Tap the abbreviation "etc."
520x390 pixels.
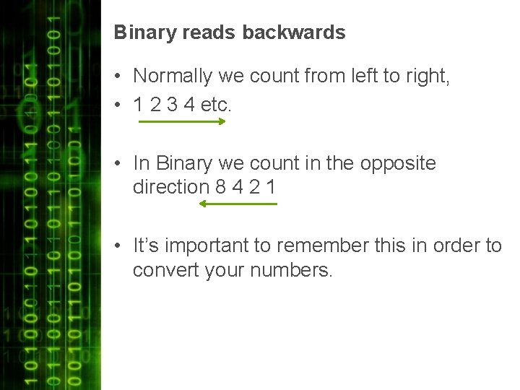[216, 105]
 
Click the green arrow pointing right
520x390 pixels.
[182, 122]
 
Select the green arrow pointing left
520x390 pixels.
[238, 204]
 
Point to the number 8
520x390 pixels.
[221, 187]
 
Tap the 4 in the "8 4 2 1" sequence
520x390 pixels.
[238, 187]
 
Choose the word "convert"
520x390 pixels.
[157, 271]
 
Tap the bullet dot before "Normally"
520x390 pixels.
[117, 77]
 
